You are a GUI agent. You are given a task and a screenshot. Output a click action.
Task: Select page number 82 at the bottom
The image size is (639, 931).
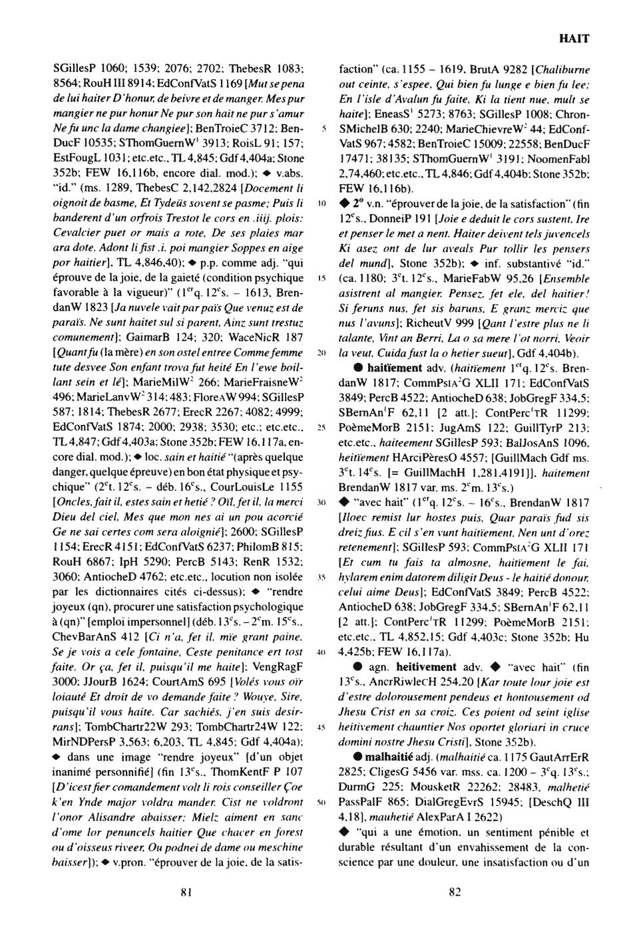point(455,892)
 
